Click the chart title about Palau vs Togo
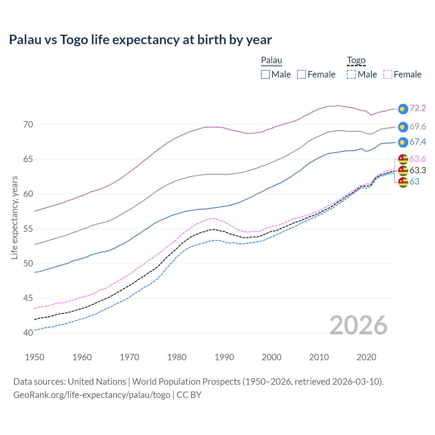tap(140, 40)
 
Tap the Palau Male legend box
tap(265, 74)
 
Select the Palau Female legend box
tap(301, 74)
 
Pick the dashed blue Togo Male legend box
tap(351, 74)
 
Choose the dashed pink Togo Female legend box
tap(387, 74)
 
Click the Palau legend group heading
tap(272, 60)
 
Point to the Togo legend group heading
tap(356, 60)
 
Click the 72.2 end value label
tap(418, 108)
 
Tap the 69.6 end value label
tap(418, 126)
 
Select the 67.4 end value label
tap(418, 142)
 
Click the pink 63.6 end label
tap(418, 159)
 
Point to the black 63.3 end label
tap(418, 170)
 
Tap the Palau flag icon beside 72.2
tap(403, 109)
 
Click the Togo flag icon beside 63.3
tap(403, 170)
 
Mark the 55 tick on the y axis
tap(28, 229)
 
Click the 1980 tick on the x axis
tap(177, 357)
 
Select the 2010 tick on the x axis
tap(319, 357)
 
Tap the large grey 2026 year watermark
tap(359, 325)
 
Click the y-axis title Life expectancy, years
tap(14, 217)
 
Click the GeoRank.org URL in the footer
tap(91, 395)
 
